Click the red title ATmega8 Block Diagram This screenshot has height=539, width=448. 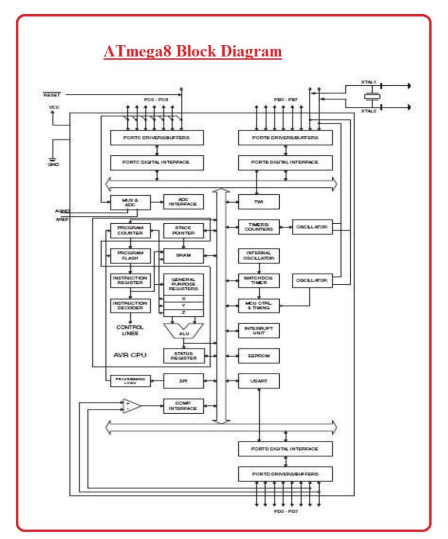tap(192, 52)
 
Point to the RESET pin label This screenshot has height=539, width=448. tap(52, 95)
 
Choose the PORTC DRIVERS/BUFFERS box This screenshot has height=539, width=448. tap(157, 137)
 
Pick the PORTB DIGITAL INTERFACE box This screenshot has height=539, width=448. tap(285, 162)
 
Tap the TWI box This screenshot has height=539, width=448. tap(258, 202)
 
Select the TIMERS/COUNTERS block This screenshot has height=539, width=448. tap(258, 227)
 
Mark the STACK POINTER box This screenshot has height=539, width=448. tap(183, 230)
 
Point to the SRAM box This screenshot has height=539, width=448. tap(183, 256)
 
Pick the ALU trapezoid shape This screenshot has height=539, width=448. tap(182, 331)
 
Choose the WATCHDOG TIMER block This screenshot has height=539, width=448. tap(258, 280)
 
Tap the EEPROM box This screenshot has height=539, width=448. tap(258, 355)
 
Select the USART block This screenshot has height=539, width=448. tap(258, 380)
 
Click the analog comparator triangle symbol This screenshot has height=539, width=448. tap(132, 406)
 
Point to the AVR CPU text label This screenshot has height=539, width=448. tap(130, 355)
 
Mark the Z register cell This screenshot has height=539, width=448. tap(183, 313)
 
